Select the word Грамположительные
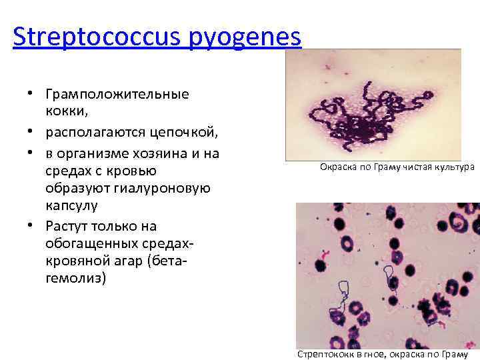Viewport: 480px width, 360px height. [117, 94]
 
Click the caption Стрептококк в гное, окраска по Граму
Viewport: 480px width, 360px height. [383, 354]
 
